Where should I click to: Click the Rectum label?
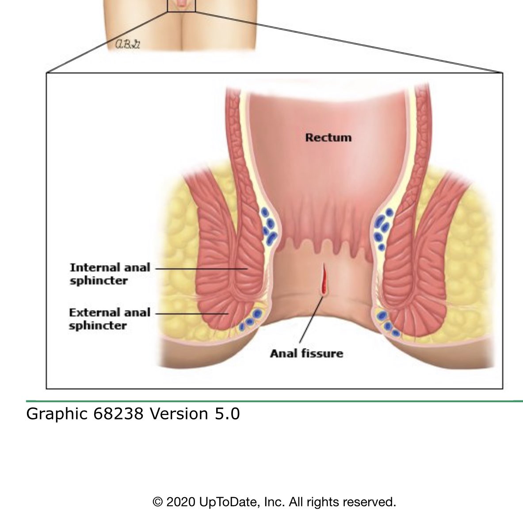coord(328,137)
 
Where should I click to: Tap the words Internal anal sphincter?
coord(110,274)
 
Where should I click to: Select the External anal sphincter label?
coord(110,319)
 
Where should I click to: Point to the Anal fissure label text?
coord(306,354)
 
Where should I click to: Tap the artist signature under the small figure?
coord(127,44)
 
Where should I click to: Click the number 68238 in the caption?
coord(118,414)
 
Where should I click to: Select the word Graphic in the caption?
coord(57,414)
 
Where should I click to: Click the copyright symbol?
coord(157,502)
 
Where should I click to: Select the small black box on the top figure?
coord(181,5)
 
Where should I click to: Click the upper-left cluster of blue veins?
coord(269,227)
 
